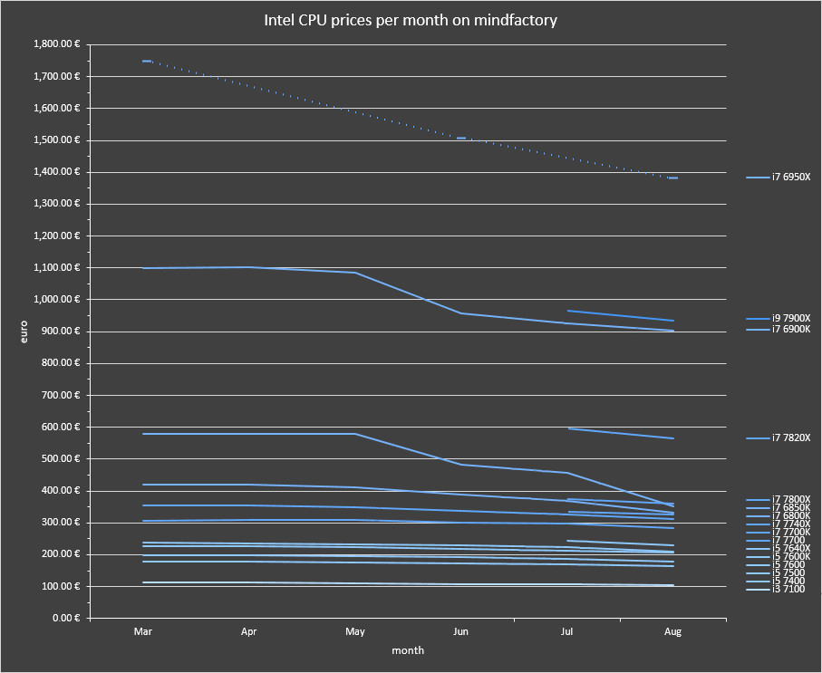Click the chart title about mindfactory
[410, 19]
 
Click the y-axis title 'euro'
[24, 331]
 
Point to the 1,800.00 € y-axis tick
[56, 44]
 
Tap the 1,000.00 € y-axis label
[56, 300]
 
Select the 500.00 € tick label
[61, 459]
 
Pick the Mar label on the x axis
[143, 630]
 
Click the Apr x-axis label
[249, 630]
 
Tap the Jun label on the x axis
[460, 630]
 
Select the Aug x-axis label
[673, 630]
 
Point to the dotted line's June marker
[460, 139]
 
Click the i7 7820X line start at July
[567, 428]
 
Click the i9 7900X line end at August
[673, 321]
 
